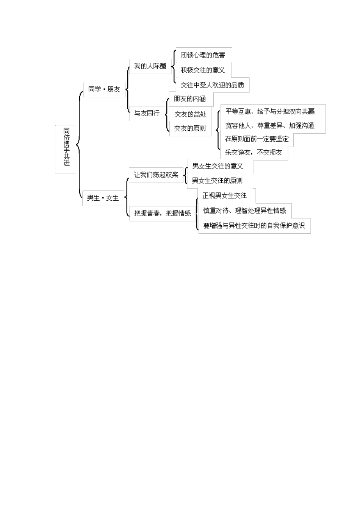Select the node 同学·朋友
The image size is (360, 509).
tap(104, 89)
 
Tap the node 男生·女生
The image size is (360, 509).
tap(103, 198)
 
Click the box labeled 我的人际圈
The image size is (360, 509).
tap(150, 66)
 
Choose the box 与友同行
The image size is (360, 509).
tap(147, 113)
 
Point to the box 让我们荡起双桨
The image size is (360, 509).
tap(156, 175)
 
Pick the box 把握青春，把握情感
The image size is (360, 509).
tap(163, 213)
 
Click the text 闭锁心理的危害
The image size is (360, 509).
tap(203, 55)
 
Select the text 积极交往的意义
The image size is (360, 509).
tap(203, 70)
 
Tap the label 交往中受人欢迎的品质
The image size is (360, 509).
tap(212, 85)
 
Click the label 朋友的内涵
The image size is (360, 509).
tap(189, 99)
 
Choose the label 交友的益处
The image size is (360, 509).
tap(190, 114)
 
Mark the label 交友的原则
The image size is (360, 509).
tap(190, 128)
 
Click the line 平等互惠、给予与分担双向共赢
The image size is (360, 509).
tap(270, 111)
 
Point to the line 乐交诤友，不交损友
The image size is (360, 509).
tap(254, 153)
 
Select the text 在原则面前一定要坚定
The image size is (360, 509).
tap(257, 139)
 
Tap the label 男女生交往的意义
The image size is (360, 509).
tap(218, 166)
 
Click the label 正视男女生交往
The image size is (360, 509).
tap(225, 195)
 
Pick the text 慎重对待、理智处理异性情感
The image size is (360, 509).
tap(244, 211)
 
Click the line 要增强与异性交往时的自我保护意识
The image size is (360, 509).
tap(254, 226)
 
